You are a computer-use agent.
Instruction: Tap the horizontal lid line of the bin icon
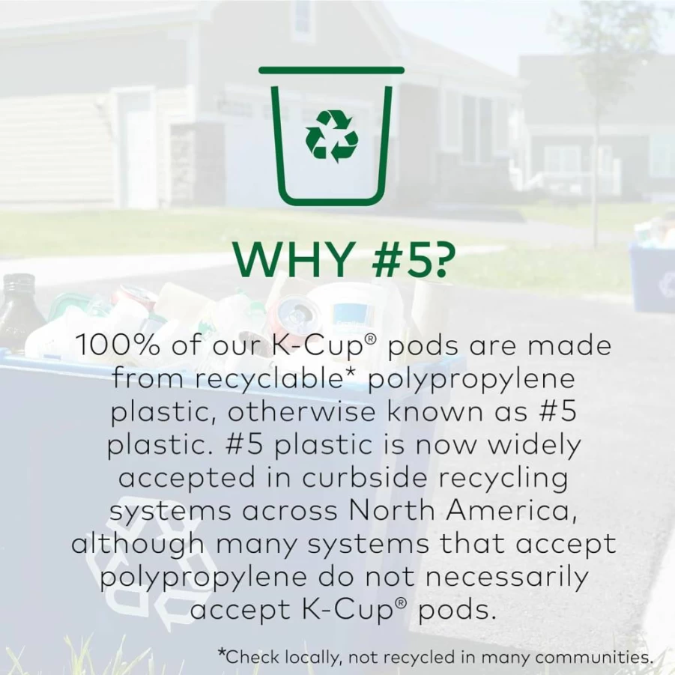point(331,70)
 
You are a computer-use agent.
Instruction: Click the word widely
point(533,446)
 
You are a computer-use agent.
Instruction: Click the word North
point(392,510)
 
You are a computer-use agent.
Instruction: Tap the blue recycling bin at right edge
point(652,276)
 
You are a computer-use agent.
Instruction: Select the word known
point(435,411)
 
